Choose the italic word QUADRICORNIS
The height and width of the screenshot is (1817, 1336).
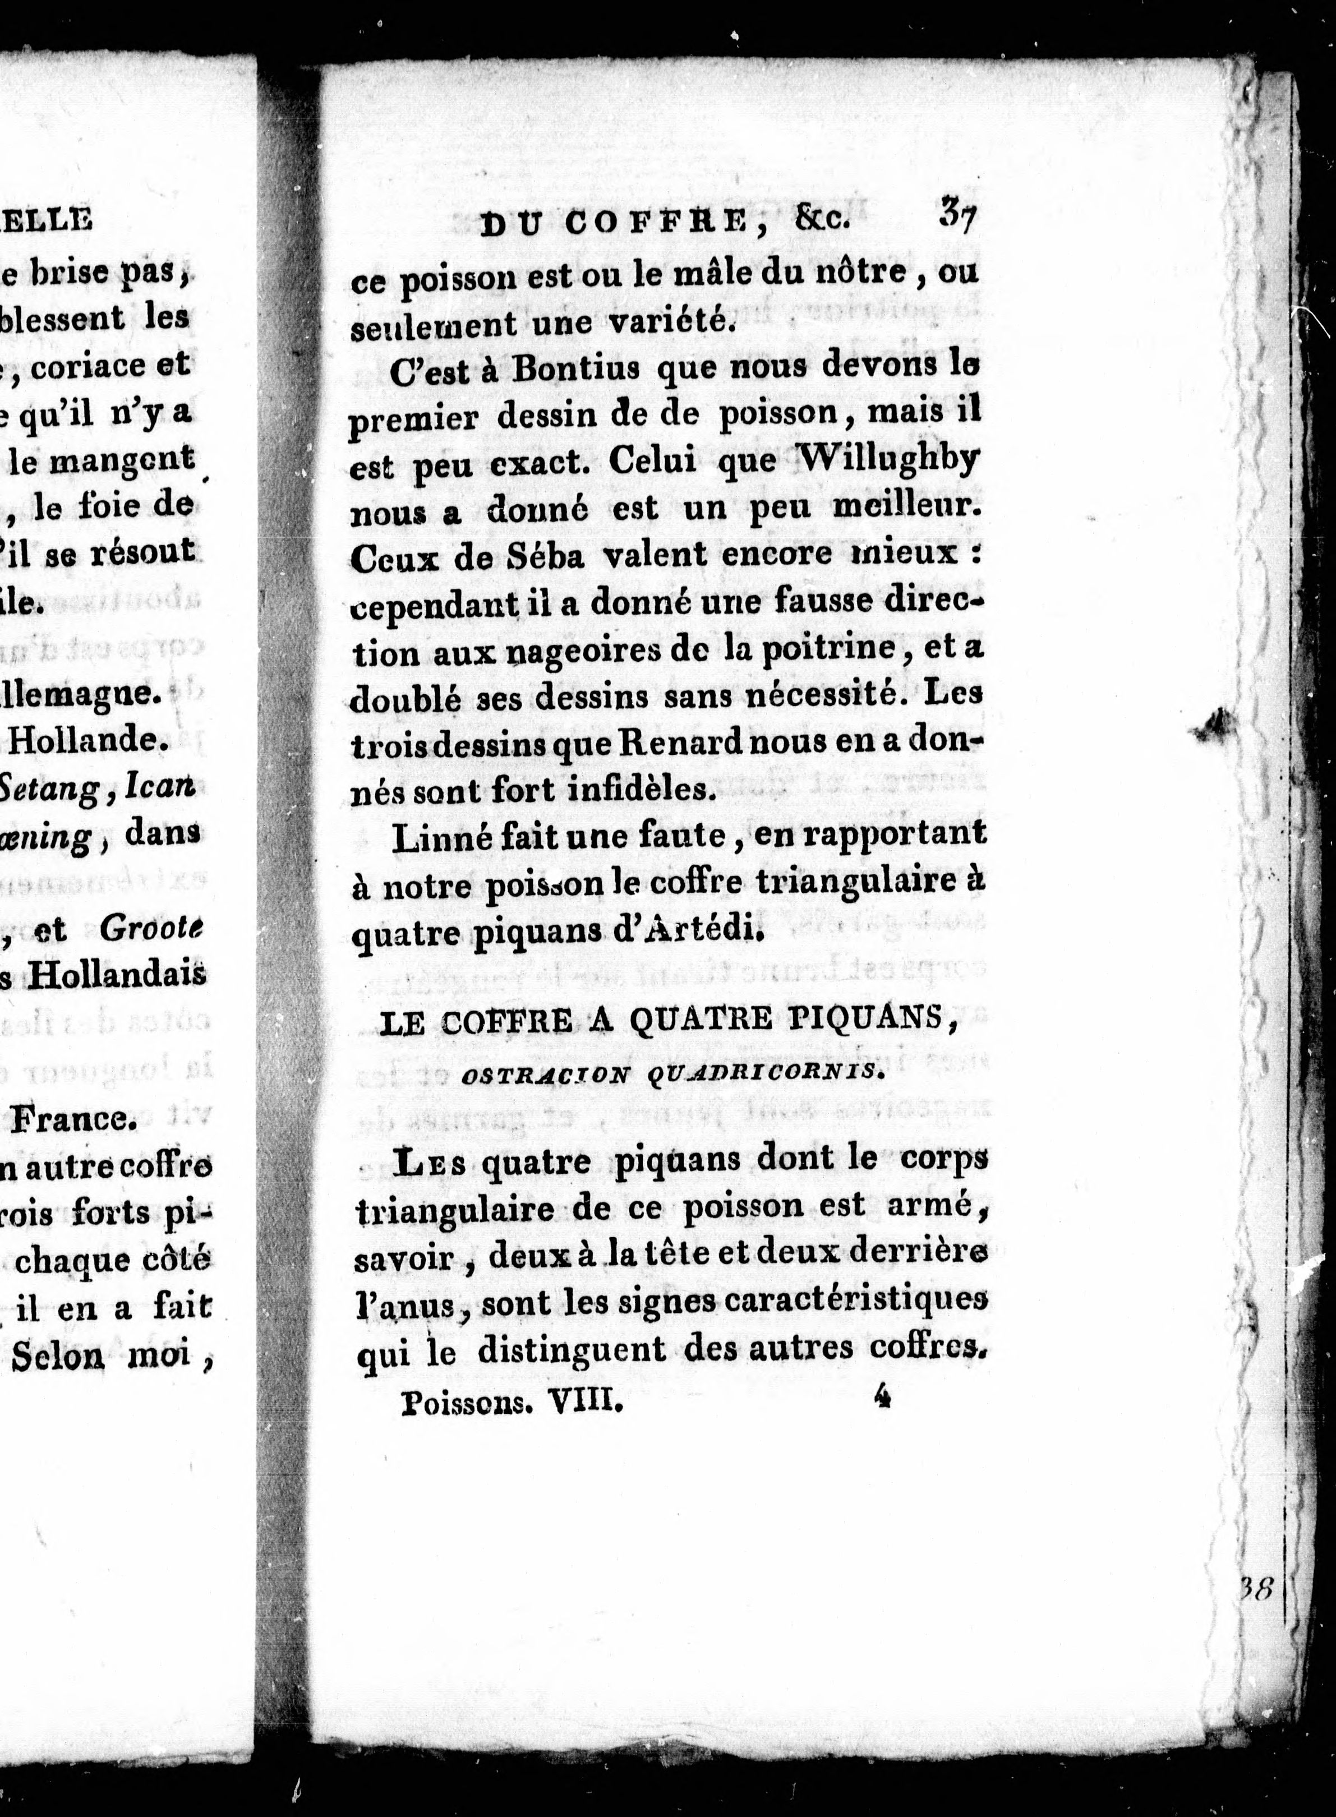pos(775,1073)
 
